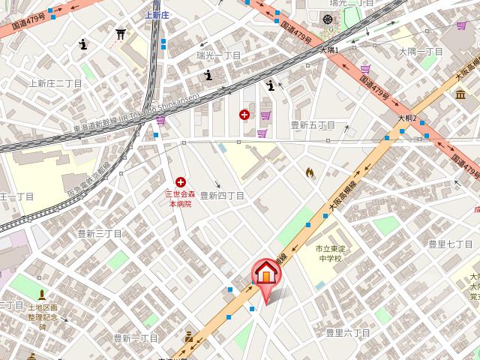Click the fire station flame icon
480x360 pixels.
[x=309, y=172]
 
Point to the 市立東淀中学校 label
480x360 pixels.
[x=328, y=253]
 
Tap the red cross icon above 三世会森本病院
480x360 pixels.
[x=180, y=182]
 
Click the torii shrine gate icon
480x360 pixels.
[x=121, y=34]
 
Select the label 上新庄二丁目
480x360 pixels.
[x=55, y=83]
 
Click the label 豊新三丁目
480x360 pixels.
[x=100, y=234]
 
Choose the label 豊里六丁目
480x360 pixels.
[x=349, y=332]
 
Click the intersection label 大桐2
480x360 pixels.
[x=406, y=118]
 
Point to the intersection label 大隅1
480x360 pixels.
[x=329, y=50]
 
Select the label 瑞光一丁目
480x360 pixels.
[x=218, y=55]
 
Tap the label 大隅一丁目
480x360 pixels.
[x=421, y=52]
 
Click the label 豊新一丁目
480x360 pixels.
[x=136, y=338]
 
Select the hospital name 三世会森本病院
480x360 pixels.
[x=180, y=199]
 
